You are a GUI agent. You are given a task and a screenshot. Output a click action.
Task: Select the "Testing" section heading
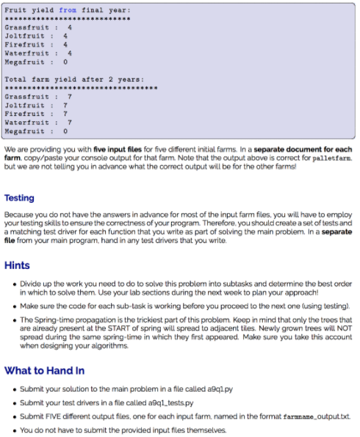pyautogui.click(x=19, y=198)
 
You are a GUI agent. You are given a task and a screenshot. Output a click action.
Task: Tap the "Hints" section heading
pyautogui.click(x=17, y=265)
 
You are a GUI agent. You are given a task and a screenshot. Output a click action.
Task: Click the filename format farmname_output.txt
pyautogui.click(x=315, y=416)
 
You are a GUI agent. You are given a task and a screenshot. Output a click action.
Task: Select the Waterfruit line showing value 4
pyautogui.click(x=39, y=53)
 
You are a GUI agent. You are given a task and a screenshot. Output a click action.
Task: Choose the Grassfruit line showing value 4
pyautogui.click(x=39, y=26)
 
